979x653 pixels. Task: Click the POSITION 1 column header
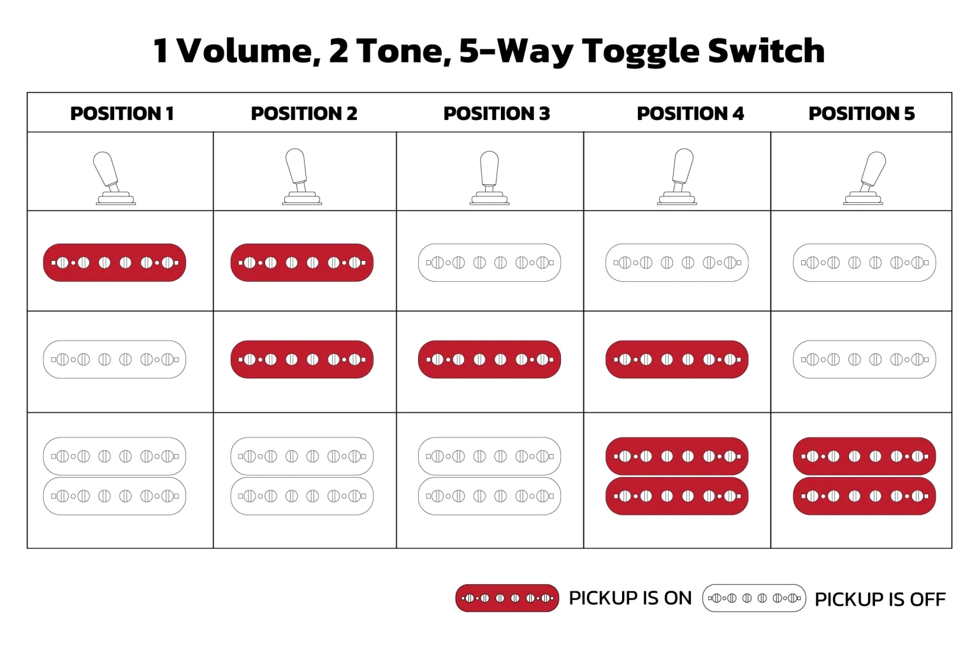coord(122,114)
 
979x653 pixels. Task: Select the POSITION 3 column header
coord(497,114)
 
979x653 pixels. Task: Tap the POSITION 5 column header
coord(862,114)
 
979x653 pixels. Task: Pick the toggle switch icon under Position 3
coord(489,178)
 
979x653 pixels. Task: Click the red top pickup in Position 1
coord(115,263)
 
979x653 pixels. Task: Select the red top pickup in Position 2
coord(302,263)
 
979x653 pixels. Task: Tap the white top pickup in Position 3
coord(489,263)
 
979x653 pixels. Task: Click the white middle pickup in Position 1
coord(115,360)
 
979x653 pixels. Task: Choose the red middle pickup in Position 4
coord(677,360)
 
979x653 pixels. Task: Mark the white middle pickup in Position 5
coord(864,360)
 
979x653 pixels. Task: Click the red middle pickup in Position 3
coord(489,360)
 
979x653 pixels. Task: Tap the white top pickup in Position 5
coord(864,263)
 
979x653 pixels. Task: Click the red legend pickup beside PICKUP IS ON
coord(507,598)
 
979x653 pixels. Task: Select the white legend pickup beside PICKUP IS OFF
coord(754,598)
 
